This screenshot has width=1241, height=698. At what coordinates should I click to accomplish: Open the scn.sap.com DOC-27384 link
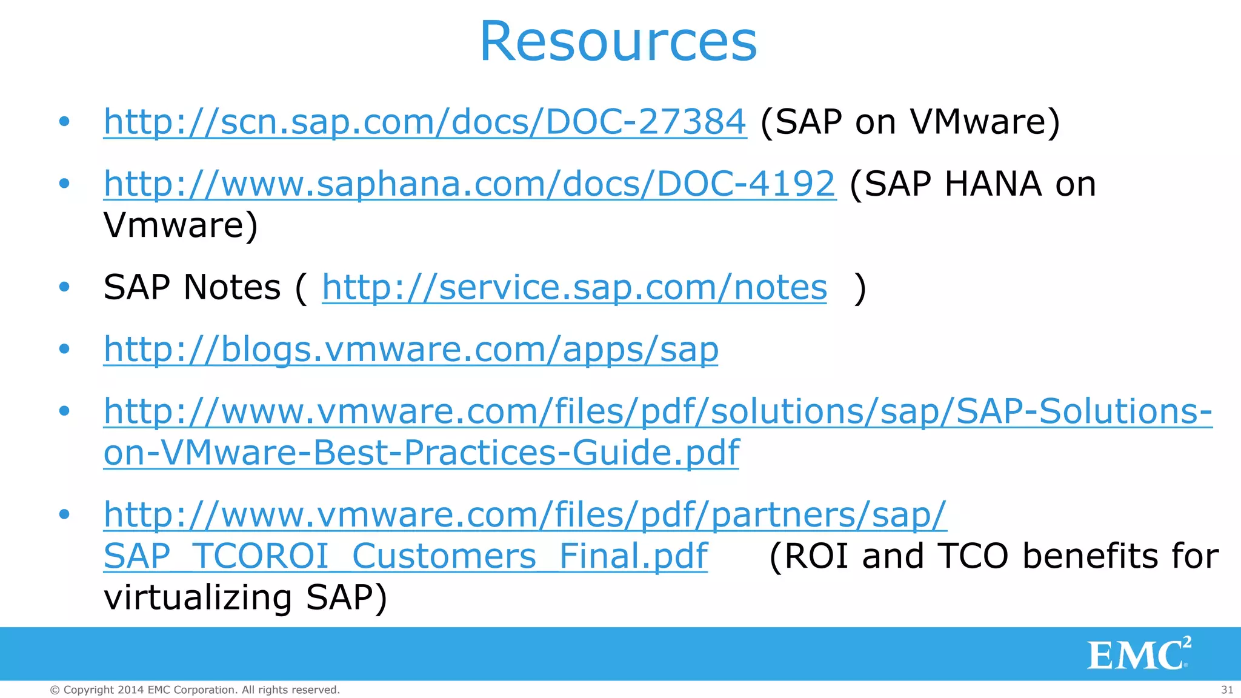[x=425, y=121]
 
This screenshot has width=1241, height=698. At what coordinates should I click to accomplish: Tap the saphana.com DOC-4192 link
[x=470, y=184]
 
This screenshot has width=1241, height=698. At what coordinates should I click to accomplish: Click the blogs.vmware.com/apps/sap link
[x=411, y=349]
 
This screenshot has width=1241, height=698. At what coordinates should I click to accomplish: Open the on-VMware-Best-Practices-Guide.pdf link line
[x=421, y=452]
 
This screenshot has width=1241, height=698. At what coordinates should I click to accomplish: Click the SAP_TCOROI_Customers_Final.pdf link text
[x=405, y=556]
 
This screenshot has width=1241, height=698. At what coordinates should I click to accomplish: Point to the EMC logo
[x=1139, y=654]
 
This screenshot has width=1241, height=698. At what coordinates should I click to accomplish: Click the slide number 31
[x=1227, y=690]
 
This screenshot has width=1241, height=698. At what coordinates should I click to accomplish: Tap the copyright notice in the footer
[x=195, y=690]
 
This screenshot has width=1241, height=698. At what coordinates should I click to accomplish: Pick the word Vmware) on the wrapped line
[x=181, y=225]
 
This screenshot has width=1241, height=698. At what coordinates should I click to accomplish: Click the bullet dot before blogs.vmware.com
[x=64, y=349]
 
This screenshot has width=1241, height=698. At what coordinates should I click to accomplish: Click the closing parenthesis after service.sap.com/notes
[x=859, y=288]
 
